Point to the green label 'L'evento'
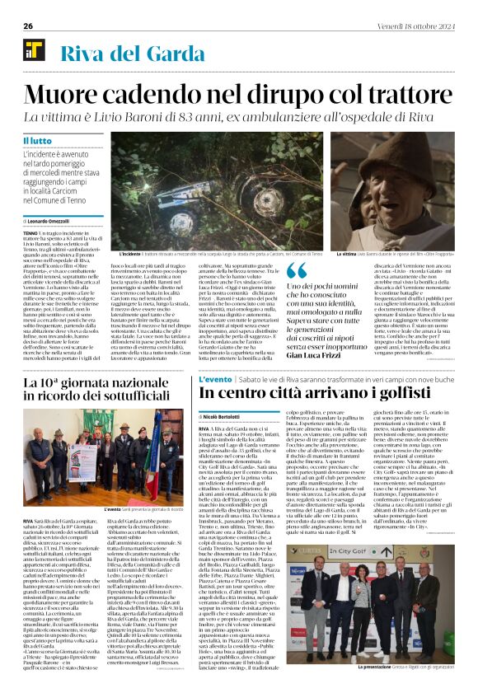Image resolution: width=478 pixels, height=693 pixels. pos(216,380)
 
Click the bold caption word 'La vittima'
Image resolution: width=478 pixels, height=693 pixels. pos(345,255)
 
